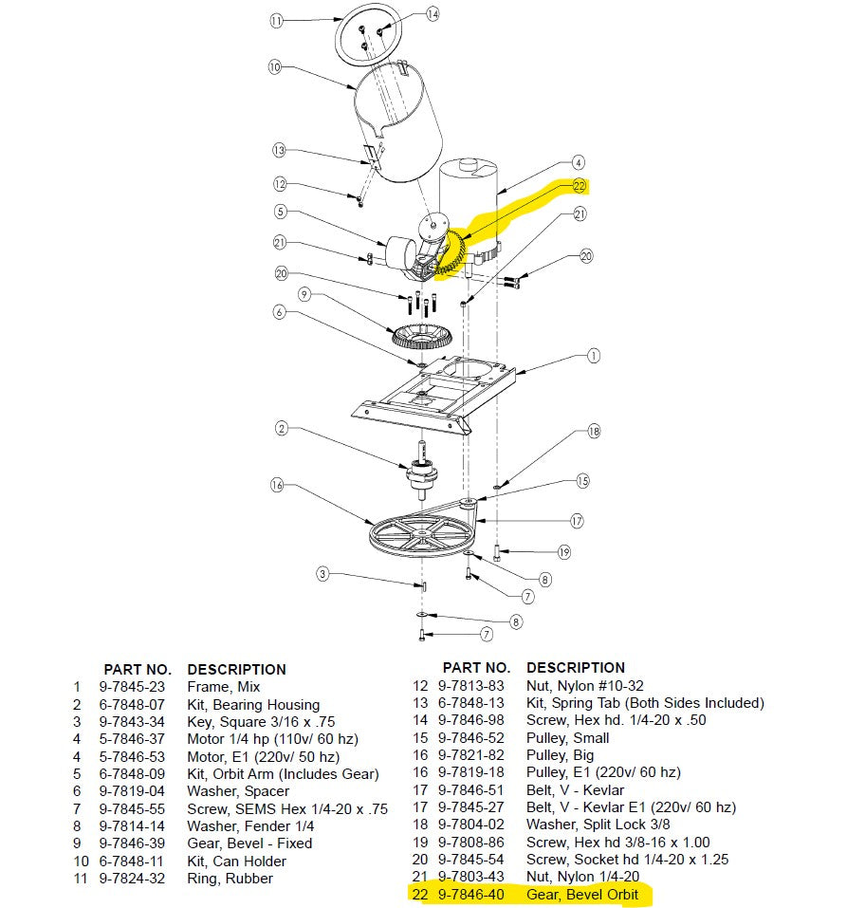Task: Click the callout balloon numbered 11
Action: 276,20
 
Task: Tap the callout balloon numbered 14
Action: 433,14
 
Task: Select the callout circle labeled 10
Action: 275,67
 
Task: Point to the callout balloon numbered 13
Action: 279,150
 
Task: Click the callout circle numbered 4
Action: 579,162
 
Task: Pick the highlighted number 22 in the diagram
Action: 579,186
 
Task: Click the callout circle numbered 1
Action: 593,357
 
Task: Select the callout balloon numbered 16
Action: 277,486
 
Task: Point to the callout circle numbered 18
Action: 593,431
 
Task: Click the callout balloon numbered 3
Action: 322,573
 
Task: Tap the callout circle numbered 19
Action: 564,551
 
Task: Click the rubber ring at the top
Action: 368,34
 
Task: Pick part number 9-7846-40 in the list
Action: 470,895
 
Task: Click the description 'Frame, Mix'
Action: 224,687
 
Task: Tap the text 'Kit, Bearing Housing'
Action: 253,705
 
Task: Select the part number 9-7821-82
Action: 470,755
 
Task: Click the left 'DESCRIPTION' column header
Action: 236,669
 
